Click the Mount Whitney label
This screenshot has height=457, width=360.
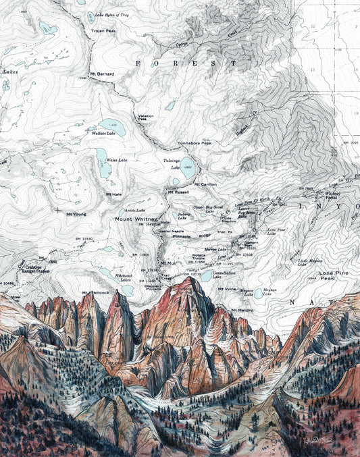tap(136, 219)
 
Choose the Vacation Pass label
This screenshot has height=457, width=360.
tap(146, 117)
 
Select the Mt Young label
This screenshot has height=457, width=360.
tap(76, 214)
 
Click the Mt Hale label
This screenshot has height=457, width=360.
tap(114, 194)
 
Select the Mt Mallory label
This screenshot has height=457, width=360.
tap(242, 309)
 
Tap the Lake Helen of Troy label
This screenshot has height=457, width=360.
tap(111, 14)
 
